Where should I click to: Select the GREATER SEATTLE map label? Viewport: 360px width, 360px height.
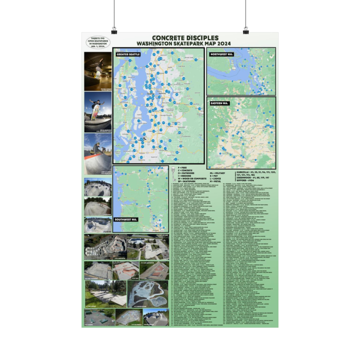[128, 54]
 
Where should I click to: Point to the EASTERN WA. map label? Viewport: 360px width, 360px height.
[219, 103]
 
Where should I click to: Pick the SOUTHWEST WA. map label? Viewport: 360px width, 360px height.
[126, 220]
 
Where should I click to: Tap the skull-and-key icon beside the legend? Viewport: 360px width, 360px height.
[173, 174]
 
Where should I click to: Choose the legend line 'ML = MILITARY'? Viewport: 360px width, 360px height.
[217, 173]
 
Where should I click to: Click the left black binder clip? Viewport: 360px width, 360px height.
[115, 31]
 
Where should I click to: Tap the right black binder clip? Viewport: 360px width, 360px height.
[246, 31]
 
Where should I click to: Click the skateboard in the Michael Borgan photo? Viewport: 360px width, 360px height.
[98, 75]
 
